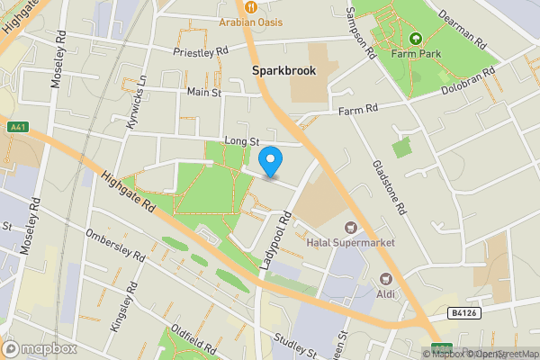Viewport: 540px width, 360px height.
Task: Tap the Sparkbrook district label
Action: [x=283, y=70]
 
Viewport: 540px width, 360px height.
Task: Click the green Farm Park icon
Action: [x=416, y=39]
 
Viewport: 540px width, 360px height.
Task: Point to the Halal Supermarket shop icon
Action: [x=350, y=229]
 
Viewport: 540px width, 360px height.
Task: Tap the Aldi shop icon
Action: [x=386, y=279]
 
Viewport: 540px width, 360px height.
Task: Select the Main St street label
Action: [x=204, y=92]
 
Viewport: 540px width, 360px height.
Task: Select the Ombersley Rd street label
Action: [x=115, y=246]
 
